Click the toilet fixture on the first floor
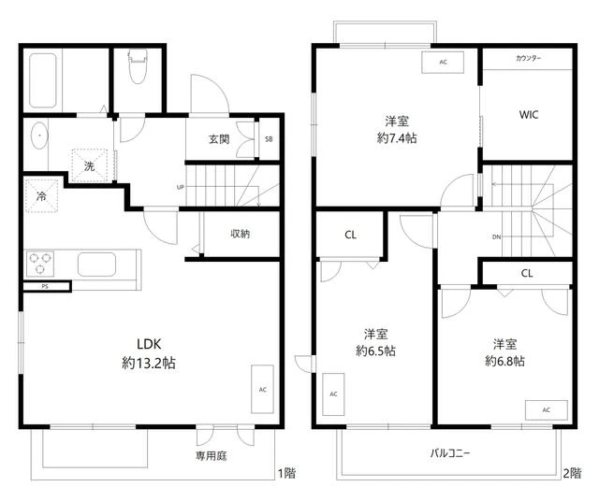138,65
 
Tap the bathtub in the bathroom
43,80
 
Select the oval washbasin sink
39,136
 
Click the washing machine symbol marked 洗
90,165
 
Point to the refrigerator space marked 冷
41,196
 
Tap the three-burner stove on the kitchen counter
40,264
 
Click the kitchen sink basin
96,264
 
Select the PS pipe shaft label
45,286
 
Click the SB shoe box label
269,139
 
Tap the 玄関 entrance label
219,139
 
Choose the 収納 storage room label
241,234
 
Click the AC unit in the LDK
262,389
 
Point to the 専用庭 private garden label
212,455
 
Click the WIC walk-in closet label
529,114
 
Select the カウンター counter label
528,58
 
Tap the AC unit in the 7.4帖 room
443,63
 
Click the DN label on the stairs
496,237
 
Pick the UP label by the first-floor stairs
181,187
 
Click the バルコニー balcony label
450,453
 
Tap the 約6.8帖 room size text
504,361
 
